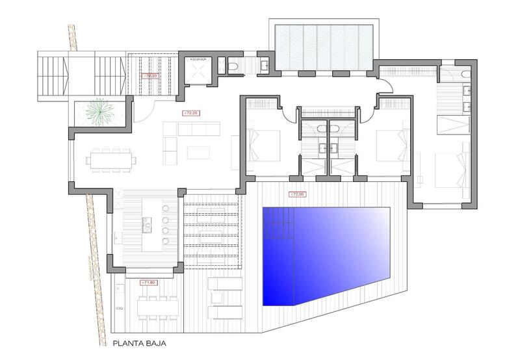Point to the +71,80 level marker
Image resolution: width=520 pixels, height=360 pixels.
[148, 283]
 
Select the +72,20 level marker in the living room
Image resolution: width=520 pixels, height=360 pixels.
[191, 113]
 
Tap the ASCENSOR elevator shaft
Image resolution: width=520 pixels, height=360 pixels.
[198, 71]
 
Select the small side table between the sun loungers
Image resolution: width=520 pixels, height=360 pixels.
[217, 298]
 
